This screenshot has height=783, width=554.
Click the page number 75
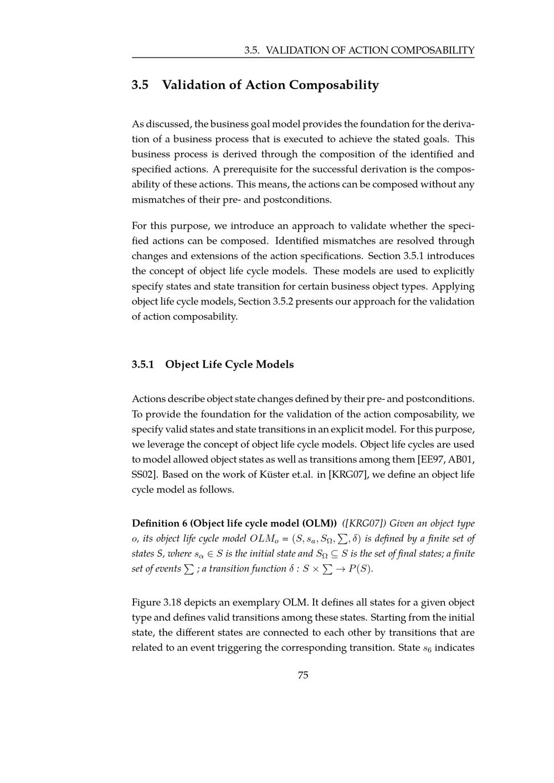[303, 675]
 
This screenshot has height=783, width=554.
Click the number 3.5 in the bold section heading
[140, 85]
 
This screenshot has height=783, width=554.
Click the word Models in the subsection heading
[275, 364]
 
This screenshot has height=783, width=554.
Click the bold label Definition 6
[160, 523]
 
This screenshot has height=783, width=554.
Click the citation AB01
[462, 460]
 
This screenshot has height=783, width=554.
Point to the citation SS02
[143, 475]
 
